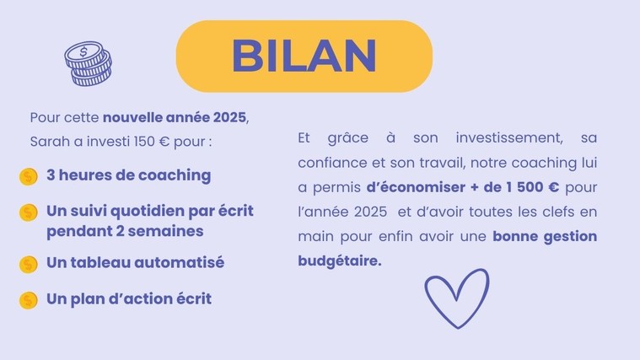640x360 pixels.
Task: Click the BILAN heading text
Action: pos(304,56)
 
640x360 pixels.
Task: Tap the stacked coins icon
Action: pos(89,64)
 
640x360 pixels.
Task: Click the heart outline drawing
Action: pos(457,298)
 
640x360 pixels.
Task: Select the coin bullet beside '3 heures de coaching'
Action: pos(28,177)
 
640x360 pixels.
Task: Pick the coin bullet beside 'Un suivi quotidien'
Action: pos(28,212)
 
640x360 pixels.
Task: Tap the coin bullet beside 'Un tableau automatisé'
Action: pos(28,264)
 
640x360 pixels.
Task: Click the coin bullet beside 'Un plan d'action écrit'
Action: pos(28,300)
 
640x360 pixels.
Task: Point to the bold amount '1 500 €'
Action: pos(532,187)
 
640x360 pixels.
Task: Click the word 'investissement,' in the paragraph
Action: pos(509,138)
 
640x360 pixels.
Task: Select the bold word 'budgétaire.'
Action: pos(340,261)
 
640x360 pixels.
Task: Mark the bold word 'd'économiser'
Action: pos(416,187)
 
